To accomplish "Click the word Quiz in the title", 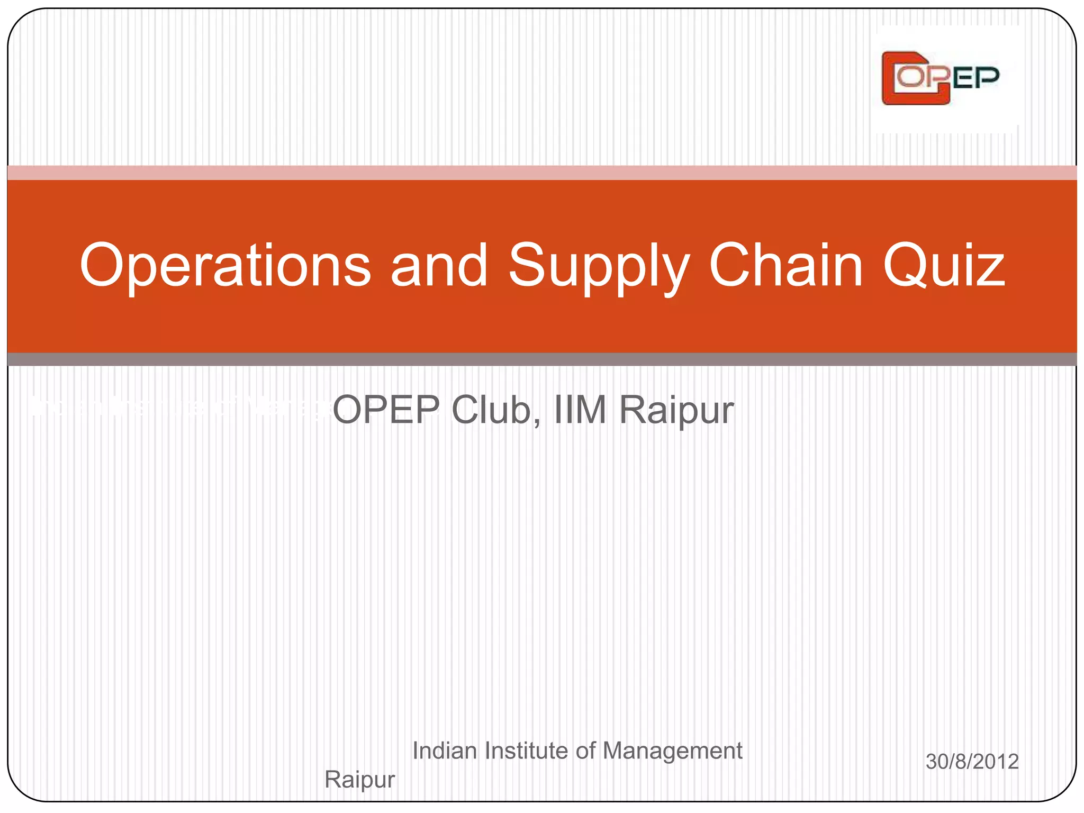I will click(x=943, y=266).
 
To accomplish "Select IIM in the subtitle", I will click(x=580, y=410).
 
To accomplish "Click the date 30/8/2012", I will click(x=972, y=762).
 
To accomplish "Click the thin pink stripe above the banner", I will click(x=542, y=173).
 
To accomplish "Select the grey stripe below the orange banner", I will click(x=542, y=359).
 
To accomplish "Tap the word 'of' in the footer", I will click(x=586, y=751).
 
